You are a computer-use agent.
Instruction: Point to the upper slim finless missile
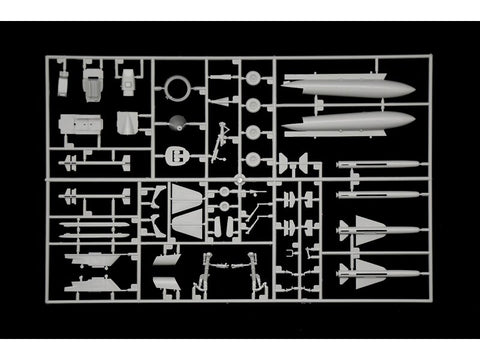click(x=376, y=164)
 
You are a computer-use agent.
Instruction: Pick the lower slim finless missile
click(x=376, y=195)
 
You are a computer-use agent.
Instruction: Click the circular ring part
click(x=178, y=89)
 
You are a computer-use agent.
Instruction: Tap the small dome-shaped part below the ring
click(x=176, y=125)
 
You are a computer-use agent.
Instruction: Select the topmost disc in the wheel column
click(x=254, y=78)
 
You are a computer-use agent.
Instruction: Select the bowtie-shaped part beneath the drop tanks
click(x=296, y=163)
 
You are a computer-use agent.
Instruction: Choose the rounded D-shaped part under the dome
click(x=176, y=157)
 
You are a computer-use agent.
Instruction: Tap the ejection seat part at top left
click(x=92, y=84)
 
